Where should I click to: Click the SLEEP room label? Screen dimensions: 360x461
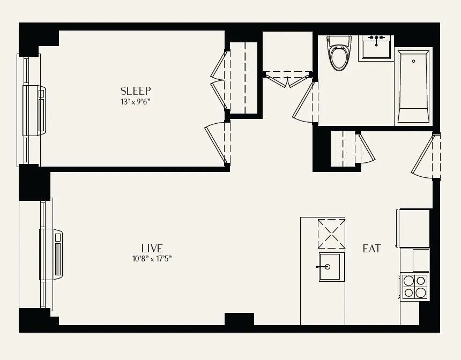point(136,91)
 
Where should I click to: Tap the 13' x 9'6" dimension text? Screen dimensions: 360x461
point(136,101)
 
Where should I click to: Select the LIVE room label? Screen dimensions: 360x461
point(152,248)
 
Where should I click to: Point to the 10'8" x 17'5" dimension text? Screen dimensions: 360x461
point(152,258)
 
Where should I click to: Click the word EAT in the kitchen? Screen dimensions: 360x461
point(371,249)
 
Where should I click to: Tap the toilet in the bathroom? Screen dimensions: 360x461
point(338,54)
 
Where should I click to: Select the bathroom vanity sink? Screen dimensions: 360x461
point(376,48)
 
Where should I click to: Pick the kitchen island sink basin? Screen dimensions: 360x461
point(329,266)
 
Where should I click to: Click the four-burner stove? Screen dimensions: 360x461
point(415,286)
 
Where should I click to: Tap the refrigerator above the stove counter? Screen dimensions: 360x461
point(413,227)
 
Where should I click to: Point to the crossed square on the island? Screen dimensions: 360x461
point(331,234)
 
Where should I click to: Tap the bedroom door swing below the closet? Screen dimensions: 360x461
point(217,144)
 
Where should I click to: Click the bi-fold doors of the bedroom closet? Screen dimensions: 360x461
point(219,80)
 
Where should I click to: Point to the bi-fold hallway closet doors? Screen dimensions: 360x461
point(288,80)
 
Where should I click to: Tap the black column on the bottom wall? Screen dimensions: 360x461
point(239,319)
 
